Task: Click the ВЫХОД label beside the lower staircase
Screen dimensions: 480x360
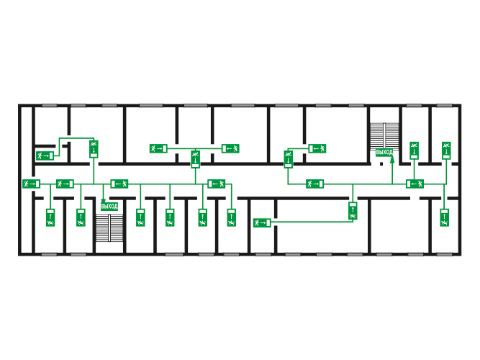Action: click(x=109, y=206)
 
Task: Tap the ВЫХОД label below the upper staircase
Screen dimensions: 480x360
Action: click(x=384, y=152)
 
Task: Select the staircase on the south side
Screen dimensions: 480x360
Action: click(x=109, y=228)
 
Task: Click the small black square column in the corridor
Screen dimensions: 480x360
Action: click(x=381, y=164)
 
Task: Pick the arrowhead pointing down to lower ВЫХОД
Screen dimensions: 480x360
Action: click(x=103, y=201)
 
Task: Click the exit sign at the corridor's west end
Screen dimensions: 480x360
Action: click(x=31, y=184)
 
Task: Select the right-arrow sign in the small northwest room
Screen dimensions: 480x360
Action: click(x=45, y=156)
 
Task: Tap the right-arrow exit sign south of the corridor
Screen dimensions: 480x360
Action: click(x=262, y=222)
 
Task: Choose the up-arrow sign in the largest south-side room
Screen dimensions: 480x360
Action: click(x=353, y=211)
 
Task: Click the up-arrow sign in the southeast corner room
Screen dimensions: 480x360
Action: click(x=445, y=218)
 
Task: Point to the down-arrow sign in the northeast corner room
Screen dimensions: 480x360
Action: click(x=446, y=150)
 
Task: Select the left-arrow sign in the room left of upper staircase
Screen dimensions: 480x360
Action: click(x=317, y=148)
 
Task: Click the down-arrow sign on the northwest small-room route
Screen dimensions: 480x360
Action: click(x=94, y=149)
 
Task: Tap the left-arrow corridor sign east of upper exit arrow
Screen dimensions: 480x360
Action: click(x=415, y=184)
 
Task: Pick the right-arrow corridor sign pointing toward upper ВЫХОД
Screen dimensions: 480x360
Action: click(x=314, y=184)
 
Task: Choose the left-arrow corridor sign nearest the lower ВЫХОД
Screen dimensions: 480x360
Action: click(x=119, y=184)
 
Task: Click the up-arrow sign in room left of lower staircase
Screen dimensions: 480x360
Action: click(x=81, y=218)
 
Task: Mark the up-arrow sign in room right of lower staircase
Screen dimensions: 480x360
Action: click(x=140, y=218)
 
